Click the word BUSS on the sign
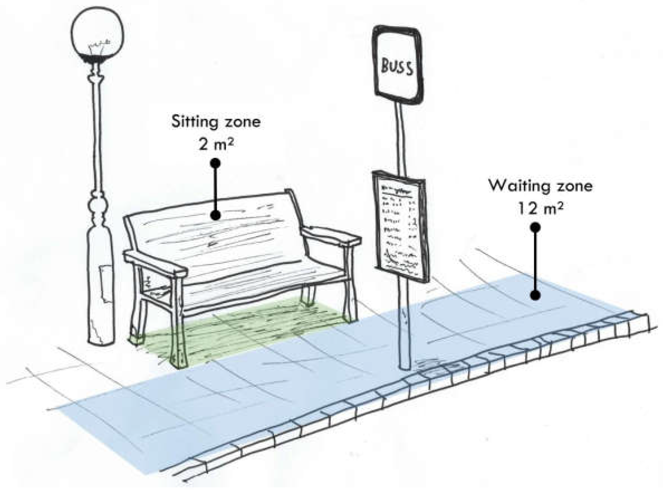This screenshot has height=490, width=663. (x=397, y=67)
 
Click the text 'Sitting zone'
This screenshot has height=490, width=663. (x=216, y=122)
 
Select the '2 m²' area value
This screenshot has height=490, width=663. (x=216, y=145)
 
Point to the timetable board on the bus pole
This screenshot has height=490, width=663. (x=400, y=225)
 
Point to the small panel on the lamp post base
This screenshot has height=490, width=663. (x=105, y=283)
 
